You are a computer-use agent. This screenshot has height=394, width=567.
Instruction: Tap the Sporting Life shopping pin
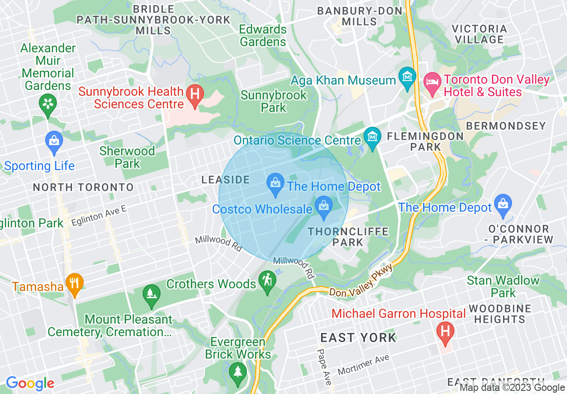click(54, 142)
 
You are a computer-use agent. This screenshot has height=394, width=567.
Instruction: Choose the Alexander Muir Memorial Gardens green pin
click(47, 105)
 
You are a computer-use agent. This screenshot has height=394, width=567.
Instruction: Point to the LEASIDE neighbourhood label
click(225, 180)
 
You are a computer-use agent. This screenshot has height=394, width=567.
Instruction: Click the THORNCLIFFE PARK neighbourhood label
click(348, 237)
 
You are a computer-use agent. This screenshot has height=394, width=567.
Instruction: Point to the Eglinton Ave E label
click(99, 216)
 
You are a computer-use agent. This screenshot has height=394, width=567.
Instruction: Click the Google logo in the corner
click(30, 383)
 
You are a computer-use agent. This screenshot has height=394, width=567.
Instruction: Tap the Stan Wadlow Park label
click(503, 287)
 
